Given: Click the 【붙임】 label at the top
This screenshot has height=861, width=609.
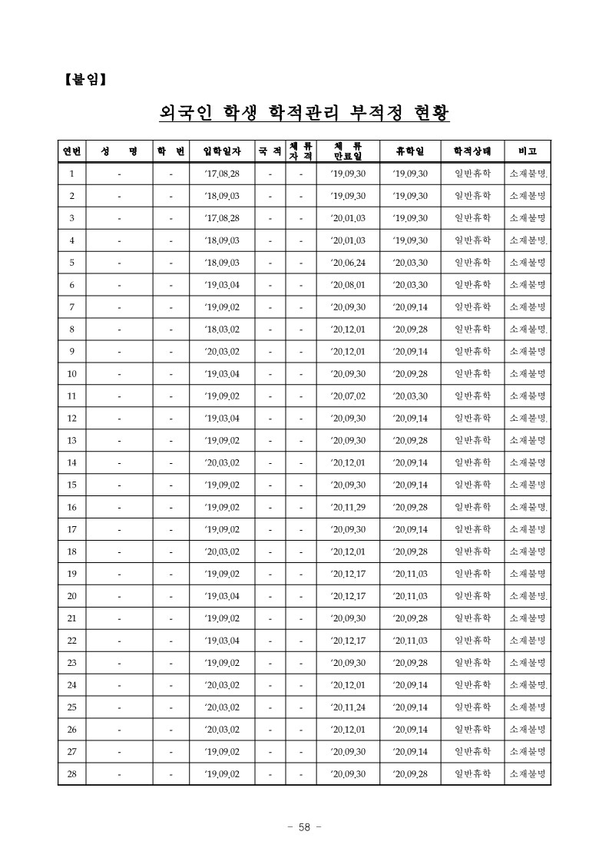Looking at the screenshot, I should tap(85, 78).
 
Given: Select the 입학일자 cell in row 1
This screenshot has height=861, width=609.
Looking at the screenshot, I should tap(222, 174).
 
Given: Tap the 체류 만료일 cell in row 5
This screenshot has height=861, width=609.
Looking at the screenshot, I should tap(348, 263).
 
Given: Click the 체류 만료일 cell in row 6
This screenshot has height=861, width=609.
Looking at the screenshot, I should tap(348, 285).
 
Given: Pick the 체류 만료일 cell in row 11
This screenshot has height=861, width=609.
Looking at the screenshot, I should tap(348, 396).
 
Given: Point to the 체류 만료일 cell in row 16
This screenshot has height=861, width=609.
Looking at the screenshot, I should tap(348, 508).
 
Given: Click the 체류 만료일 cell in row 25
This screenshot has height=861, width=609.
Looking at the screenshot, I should tap(348, 707).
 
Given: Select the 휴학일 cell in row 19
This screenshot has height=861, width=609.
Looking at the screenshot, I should tap(410, 574).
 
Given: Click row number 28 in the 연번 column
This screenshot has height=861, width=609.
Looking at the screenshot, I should tap(71, 774).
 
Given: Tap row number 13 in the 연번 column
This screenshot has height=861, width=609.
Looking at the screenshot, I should tap(71, 441).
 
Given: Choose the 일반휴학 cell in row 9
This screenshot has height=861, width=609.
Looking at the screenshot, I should tap(472, 352).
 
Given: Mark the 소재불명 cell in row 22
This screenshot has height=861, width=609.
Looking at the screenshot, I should tap(528, 641).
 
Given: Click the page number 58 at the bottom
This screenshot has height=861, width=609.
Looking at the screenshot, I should tap(303, 827).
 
